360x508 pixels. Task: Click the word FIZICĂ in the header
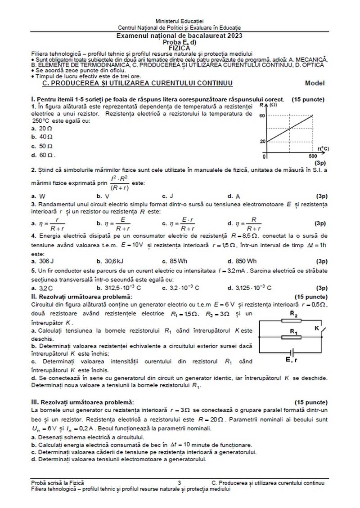coord(180,46)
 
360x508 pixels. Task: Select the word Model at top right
coord(315,83)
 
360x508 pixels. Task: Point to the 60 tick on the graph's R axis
coord(262,116)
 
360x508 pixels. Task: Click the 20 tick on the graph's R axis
coord(262,141)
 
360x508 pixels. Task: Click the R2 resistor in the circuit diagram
coord(293,320)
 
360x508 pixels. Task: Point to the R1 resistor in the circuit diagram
coord(293,337)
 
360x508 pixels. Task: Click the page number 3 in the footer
coord(179,483)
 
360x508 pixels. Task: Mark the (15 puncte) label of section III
coord(310,401)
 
